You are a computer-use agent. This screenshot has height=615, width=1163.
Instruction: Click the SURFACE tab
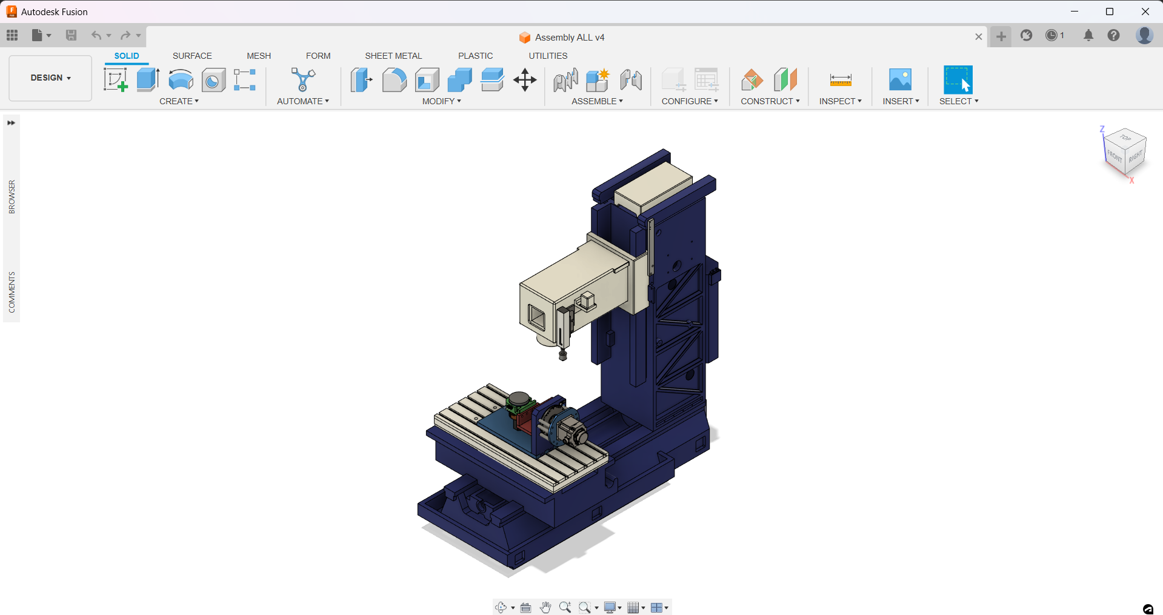[192, 56]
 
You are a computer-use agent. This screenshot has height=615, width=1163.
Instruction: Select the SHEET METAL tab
[393, 56]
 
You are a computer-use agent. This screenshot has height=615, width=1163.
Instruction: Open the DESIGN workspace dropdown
[50, 78]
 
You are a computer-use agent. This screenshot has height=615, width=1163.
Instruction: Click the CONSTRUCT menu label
[770, 101]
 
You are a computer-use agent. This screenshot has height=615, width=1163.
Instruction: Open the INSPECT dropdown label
[840, 101]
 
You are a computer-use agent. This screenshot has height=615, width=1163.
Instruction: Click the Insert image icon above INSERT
[900, 80]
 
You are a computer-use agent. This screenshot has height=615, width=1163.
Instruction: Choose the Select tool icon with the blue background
[958, 80]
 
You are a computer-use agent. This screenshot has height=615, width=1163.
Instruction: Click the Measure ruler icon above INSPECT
[841, 80]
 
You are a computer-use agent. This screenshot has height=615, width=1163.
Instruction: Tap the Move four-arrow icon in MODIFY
[525, 80]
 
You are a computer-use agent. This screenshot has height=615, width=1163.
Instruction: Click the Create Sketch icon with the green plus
[115, 80]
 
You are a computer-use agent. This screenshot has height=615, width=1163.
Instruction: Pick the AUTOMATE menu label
[302, 101]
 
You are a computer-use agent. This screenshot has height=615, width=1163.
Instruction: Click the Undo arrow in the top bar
[96, 35]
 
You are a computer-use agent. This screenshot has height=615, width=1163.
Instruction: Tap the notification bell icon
[1088, 36]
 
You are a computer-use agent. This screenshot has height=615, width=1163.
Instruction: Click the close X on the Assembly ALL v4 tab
[978, 37]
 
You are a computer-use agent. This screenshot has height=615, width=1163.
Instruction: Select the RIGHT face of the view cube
[1135, 158]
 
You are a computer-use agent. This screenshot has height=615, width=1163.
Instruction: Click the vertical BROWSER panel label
[12, 196]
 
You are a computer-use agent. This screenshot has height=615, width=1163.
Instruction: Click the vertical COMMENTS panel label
[12, 292]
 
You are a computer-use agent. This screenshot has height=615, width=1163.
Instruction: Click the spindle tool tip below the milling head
[562, 355]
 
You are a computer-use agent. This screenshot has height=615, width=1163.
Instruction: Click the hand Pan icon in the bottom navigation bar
[545, 607]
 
